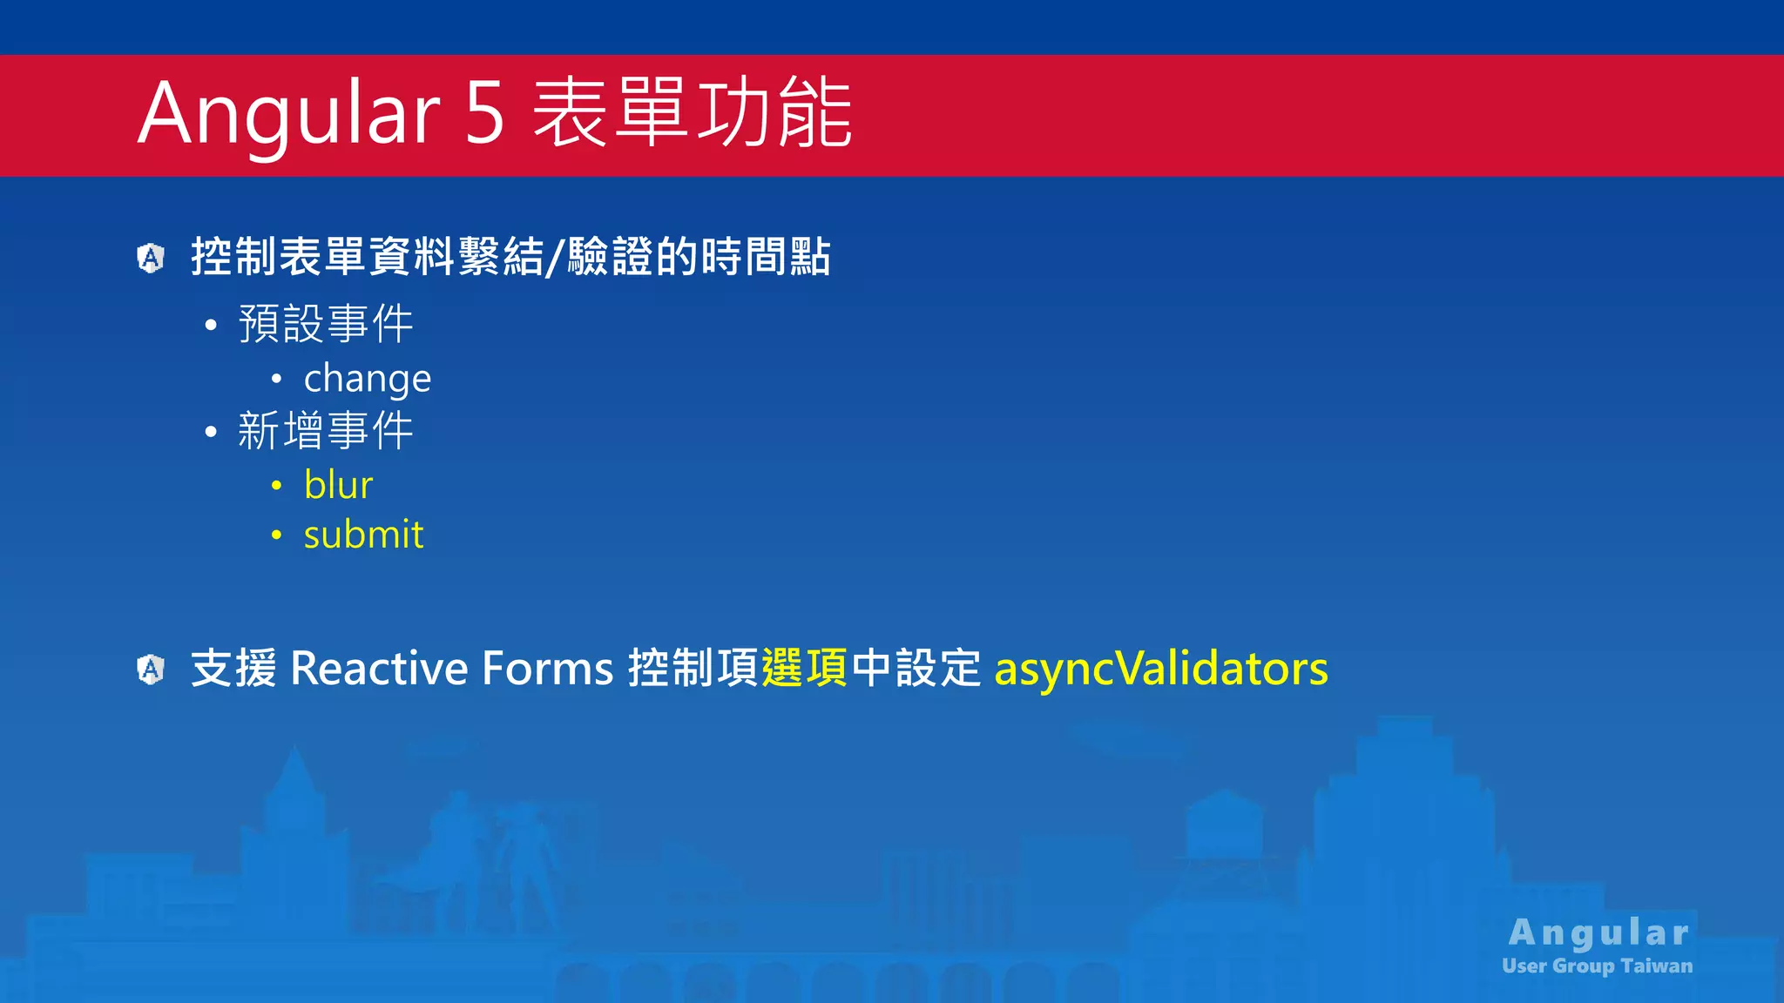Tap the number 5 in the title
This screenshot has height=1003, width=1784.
coord(485,113)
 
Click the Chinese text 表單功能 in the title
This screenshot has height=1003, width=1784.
coord(692,113)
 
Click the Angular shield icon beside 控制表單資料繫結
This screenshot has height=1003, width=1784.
coord(151,258)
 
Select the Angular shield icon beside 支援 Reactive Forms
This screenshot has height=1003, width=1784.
coord(151,670)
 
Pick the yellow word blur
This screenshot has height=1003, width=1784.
coord(338,485)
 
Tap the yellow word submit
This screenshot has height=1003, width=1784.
coord(363,535)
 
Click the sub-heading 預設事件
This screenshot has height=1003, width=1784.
coord(325,324)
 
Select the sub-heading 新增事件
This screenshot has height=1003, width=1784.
coord(325,431)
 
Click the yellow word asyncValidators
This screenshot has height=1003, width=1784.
coord(1160,670)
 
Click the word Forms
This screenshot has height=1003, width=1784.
coord(548,670)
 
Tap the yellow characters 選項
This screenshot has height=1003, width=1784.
coord(804,670)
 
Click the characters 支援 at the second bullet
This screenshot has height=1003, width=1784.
coord(233,670)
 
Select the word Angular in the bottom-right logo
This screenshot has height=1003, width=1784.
coord(1599,932)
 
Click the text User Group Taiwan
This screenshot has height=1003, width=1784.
coord(1597,966)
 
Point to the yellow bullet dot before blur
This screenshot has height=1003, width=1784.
coord(276,486)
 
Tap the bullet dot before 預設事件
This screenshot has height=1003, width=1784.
coord(210,326)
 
